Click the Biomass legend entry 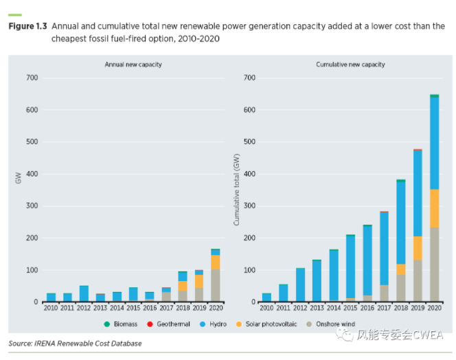[123, 324]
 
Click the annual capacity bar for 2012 [84, 294]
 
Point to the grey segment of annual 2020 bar [215, 286]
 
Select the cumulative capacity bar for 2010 [266, 297]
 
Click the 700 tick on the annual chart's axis [32, 78]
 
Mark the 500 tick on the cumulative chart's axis [249, 142]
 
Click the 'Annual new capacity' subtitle [133, 65]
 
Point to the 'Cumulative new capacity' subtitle [350, 65]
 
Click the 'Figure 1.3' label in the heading [27, 27]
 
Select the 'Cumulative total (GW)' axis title [236, 190]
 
